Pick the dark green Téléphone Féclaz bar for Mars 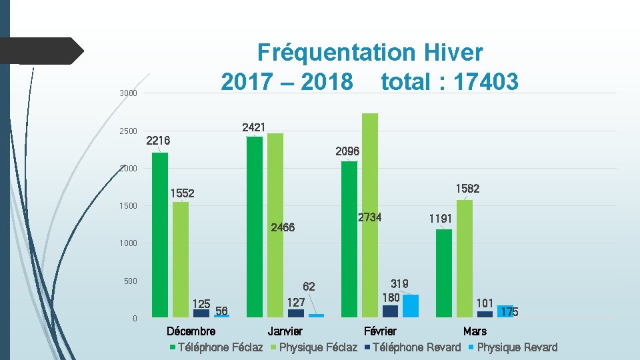443,273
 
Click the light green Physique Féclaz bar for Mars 465,259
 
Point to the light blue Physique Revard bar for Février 411,305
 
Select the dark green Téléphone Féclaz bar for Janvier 255,227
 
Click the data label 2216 158,141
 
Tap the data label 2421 254,127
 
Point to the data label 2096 347,151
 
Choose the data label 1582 467,189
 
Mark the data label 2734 369,217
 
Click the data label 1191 440,218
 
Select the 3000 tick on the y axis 129,93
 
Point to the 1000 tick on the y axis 129,243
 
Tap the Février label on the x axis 380,331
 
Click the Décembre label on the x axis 191,331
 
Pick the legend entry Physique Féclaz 317,347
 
